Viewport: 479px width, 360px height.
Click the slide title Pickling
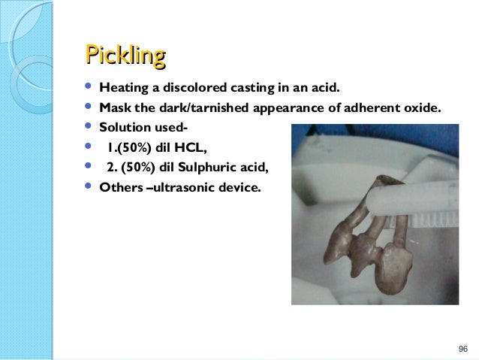125,56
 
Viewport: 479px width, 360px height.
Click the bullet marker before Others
91,187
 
